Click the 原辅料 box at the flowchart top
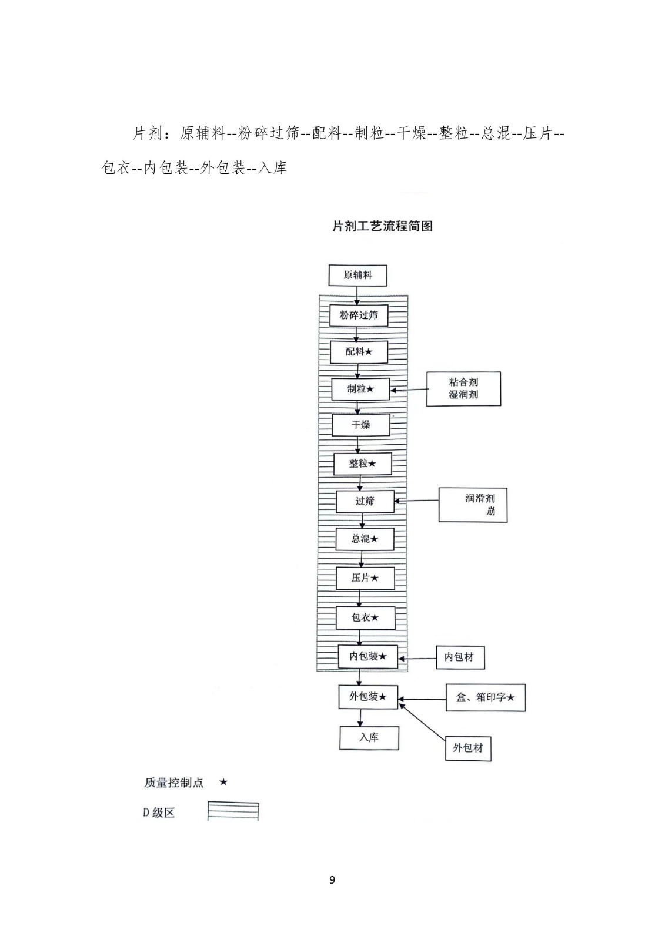click(x=357, y=275)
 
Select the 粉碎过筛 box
click(x=359, y=315)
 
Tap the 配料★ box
click(x=359, y=352)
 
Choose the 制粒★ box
click(x=360, y=389)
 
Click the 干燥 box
click(x=361, y=425)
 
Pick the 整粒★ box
click(x=362, y=464)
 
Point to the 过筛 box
click(x=365, y=501)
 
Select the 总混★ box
click(x=365, y=539)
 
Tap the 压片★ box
click(x=365, y=578)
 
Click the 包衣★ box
click(x=365, y=617)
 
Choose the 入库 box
click(x=369, y=738)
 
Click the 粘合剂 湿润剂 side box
click(x=463, y=388)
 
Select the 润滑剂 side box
click(x=473, y=505)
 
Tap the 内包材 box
click(x=460, y=657)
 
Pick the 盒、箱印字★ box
click(x=485, y=697)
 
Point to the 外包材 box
click(x=468, y=748)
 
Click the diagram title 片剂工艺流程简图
click(x=382, y=226)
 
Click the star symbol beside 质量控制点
click(x=223, y=783)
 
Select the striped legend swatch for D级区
click(x=233, y=811)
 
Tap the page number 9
click(x=332, y=880)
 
